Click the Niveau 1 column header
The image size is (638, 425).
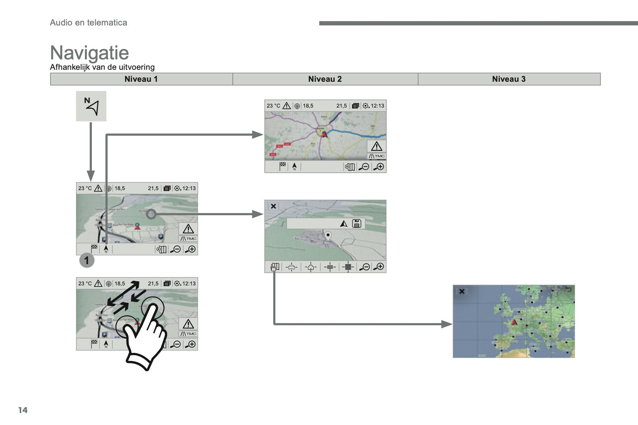pyautogui.click(x=141, y=79)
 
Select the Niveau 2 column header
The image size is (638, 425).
pyautogui.click(x=325, y=79)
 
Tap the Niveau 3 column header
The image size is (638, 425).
pyautogui.click(x=509, y=79)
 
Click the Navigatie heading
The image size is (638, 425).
pyautogui.click(x=89, y=53)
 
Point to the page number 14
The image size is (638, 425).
pyautogui.click(x=23, y=410)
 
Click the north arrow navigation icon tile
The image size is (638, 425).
pyautogui.click(x=91, y=106)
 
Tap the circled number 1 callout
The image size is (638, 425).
pyautogui.click(x=86, y=261)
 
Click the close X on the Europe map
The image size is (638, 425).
pyautogui.click(x=462, y=291)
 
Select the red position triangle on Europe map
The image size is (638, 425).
pyautogui.click(x=514, y=322)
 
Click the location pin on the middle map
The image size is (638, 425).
pyautogui.click(x=328, y=235)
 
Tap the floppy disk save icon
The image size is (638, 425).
pyautogui.click(x=357, y=223)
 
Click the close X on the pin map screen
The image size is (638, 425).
pyautogui.click(x=273, y=206)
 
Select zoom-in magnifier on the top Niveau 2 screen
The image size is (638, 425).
pyautogui.click(x=379, y=167)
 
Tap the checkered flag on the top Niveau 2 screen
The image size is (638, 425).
pyautogui.click(x=283, y=167)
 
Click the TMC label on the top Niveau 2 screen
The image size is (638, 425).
pyautogui.click(x=377, y=156)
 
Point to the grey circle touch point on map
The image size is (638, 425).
pyautogui.click(x=151, y=214)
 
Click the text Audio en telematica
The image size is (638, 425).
pyautogui.click(x=88, y=23)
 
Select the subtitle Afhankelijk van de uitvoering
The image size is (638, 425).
pyautogui.click(x=102, y=67)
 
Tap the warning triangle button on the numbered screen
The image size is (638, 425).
pyautogui.click(x=188, y=229)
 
